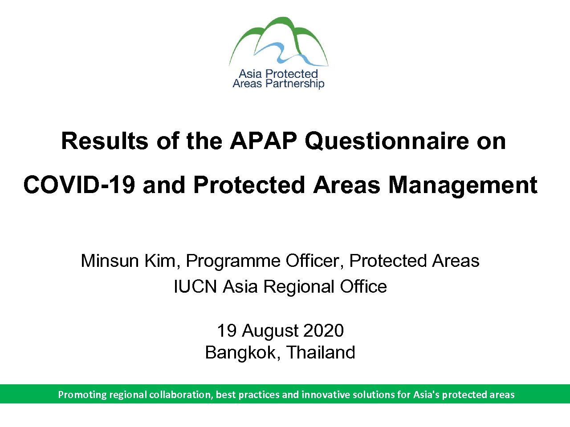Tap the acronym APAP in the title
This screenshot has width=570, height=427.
click(263, 141)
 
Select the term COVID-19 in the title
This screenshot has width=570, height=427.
click(79, 185)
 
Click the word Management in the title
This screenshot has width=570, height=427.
click(463, 185)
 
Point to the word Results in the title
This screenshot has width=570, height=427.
click(105, 141)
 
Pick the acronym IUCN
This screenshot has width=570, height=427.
click(195, 286)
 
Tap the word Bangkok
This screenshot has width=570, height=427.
click(240, 353)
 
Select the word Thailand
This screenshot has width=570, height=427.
click(321, 352)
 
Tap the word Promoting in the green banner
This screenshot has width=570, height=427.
click(82, 395)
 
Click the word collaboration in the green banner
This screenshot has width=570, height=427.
click(180, 395)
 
